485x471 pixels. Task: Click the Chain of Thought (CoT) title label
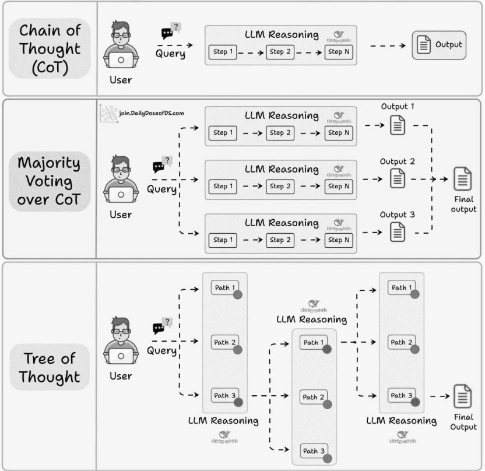pyautogui.click(x=50, y=48)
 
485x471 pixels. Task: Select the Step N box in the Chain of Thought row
pyautogui.click(x=339, y=52)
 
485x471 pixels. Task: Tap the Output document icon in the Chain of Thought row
pyautogui.click(x=423, y=45)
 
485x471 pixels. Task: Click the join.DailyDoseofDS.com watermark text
pyautogui.click(x=152, y=113)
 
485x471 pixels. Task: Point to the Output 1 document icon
pyautogui.click(x=398, y=125)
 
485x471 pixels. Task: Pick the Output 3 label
pyautogui.click(x=397, y=215)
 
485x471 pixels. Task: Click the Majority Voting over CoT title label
pyautogui.click(x=50, y=181)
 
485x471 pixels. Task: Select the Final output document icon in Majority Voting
pyautogui.click(x=463, y=179)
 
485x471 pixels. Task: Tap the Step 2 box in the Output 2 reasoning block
pyautogui.click(x=280, y=187)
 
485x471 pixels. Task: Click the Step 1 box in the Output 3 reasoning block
pyautogui.click(x=223, y=240)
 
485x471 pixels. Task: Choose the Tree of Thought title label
pyautogui.click(x=50, y=367)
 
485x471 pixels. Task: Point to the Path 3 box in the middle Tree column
pyautogui.click(x=314, y=451)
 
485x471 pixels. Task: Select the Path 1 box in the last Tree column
pyautogui.click(x=402, y=287)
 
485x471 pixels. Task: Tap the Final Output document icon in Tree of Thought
pyautogui.click(x=463, y=396)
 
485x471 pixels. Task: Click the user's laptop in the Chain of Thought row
pyautogui.click(x=121, y=59)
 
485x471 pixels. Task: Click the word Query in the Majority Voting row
pyautogui.click(x=161, y=189)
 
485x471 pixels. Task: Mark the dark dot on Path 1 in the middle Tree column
pyautogui.click(x=327, y=350)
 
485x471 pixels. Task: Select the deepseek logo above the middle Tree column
pyautogui.click(x=314, y=306)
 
